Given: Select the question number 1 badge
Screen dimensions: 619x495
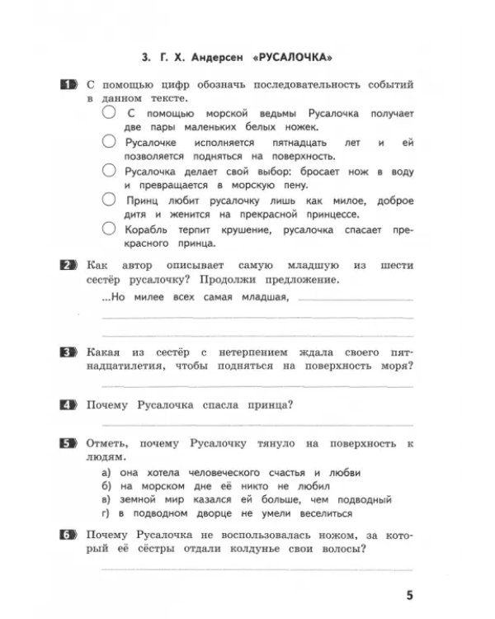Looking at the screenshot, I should pos(69,85).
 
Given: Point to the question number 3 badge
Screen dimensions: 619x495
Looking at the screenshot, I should pos(69,352).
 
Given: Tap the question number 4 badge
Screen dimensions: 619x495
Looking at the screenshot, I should pos(69,404).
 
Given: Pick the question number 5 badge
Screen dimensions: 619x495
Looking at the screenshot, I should pos(69,443).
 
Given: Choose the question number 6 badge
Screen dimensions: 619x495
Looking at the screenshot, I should pos(69,535).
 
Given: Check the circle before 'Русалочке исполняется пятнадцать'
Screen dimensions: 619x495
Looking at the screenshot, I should pos(109,142).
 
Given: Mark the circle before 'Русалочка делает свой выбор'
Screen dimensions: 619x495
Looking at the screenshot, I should pos(109,171).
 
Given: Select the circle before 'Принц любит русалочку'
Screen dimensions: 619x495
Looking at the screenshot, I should pos(109,200).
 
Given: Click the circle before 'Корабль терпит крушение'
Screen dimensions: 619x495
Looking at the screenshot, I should pos(109,229).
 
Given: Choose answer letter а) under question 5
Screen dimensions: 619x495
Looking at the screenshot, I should pos(106,473).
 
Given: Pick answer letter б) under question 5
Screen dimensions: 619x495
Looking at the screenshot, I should pos(106,486).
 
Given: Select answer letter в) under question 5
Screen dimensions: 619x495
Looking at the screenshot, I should pos(106,499).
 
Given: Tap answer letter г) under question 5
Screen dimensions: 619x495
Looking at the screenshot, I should pos(106,513).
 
